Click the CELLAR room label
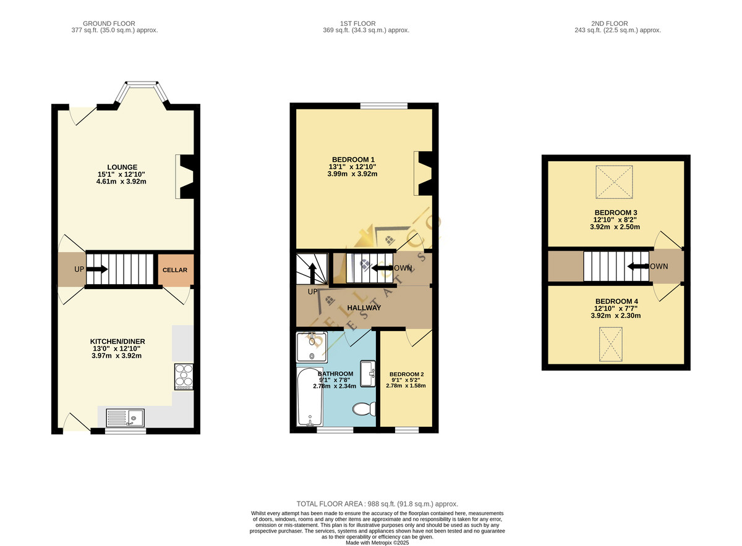[x=175, y=270]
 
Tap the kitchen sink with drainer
[x=125, y=418]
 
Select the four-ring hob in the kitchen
[x=184, y=377]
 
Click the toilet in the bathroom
[x=364, y=409]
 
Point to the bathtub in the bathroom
[x=309, y=397]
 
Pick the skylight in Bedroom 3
[x=614, y=182]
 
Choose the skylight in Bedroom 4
[x=610, y=345]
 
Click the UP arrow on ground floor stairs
[x=96, y=269]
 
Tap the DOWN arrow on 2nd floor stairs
[x=638, y=266]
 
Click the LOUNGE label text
[x=122, y=167]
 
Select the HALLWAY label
[x=364, y=308]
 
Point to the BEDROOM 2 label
[x=406, y=374]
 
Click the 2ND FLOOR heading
[x=610, y=23]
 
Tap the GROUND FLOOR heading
[x=109, y=23]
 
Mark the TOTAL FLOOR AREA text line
[x=377, y=504]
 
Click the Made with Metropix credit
[x=377, y=543]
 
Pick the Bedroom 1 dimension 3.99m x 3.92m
[x=352, y=174]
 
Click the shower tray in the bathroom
[x=312, y=346]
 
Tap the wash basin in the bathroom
[x=368, y=374]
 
